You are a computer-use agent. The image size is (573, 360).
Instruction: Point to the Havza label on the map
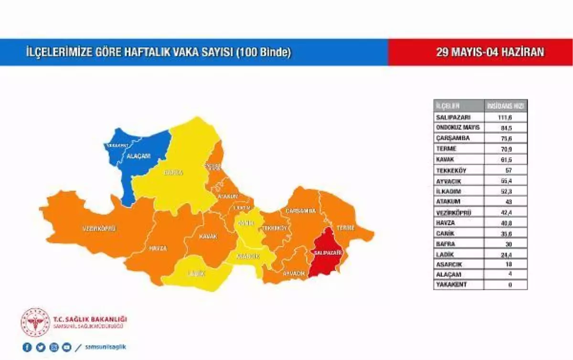point(158,249)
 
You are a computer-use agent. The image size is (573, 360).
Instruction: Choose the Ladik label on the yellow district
point(196,274)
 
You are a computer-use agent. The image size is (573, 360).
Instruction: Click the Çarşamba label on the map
point(301,211)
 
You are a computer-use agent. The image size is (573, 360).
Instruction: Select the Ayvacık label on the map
point(294,273)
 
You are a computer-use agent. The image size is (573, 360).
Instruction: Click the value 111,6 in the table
point(505,117)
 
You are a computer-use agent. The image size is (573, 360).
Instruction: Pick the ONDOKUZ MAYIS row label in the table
point(457,127)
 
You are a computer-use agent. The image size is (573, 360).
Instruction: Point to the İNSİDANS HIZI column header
point(506,106)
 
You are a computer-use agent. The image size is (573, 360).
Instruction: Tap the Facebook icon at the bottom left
point(27,347)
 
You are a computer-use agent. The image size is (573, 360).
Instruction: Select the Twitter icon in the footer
point(41,347)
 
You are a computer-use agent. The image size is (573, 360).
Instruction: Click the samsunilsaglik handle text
point(105,347)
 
